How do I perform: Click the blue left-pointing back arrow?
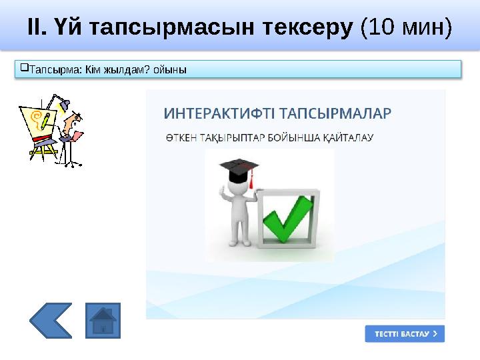pos(50,321)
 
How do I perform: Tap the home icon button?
pos(103,321)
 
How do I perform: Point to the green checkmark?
pos(287,218)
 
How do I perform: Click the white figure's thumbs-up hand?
pos(222,193)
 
